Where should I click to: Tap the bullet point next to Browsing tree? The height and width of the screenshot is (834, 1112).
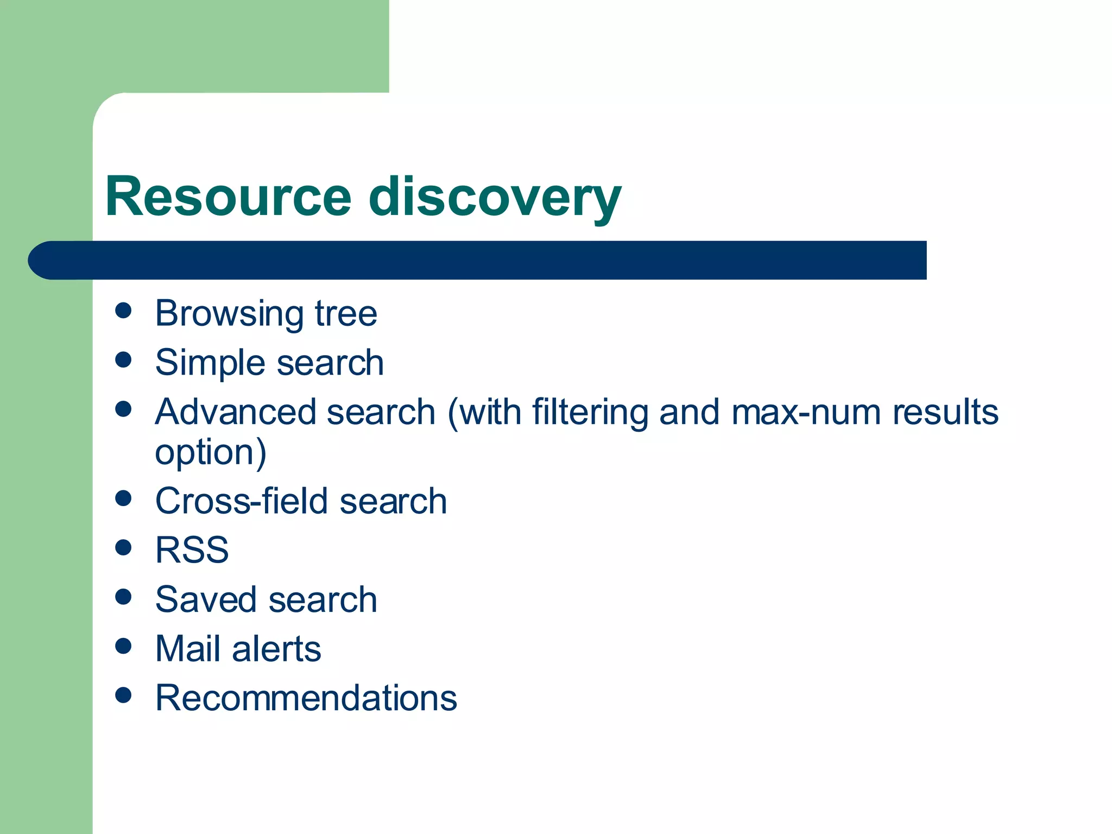coord(124,311)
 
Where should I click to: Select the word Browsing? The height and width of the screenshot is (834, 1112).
coord(229,314)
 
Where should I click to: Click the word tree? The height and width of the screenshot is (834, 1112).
coord(346,314)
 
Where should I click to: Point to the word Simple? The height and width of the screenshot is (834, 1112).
coord(210,363)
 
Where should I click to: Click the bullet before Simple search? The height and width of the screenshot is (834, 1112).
coord(124,359)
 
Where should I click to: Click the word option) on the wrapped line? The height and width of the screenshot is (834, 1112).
coord(211,452)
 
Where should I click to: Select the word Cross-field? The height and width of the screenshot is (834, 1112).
coord(241,501)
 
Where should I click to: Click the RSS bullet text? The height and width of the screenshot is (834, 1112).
coord(192,550)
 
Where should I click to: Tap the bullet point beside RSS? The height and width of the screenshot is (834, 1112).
coord(124,547)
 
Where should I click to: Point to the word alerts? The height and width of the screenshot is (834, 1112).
coord(276,648)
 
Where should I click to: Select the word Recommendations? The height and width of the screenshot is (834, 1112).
coord(306,698)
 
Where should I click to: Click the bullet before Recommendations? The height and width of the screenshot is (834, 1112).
coord(124,695)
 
